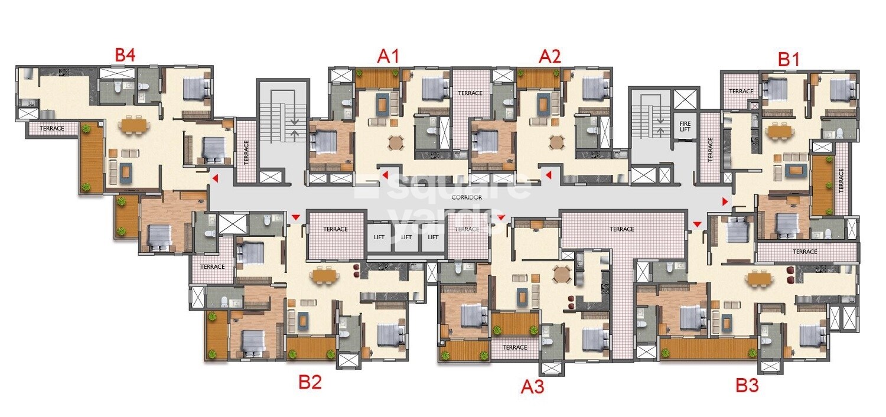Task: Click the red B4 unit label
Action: coord(125,56)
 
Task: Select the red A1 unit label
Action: coord(389,57)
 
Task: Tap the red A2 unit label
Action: coord(549,57)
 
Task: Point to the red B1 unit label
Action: coord(789,59)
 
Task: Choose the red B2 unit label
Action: coord(310,382)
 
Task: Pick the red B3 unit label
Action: coord(747,386)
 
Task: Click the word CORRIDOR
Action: coord(467,198)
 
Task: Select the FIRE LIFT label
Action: coord(685,127)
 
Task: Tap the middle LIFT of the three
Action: coord(406,237)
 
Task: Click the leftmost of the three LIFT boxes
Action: coord(379,237)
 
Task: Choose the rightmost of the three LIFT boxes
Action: coord(433,237)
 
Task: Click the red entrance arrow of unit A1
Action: coord(385,175)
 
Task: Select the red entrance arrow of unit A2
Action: coord(549,175)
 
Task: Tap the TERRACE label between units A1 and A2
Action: coord(470,93)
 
